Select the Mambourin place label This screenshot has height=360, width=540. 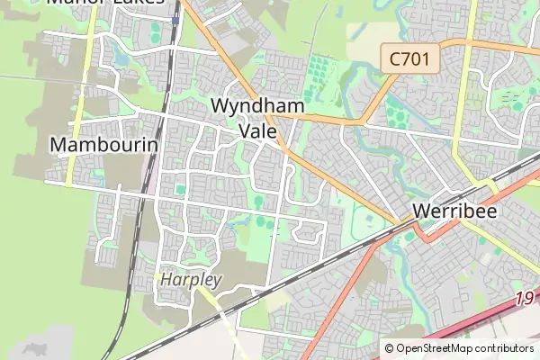104,144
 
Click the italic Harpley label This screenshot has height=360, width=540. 190,280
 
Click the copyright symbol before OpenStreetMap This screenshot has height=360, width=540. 390,348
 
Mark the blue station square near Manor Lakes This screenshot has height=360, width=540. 176,19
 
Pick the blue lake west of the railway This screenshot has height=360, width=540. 121,61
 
